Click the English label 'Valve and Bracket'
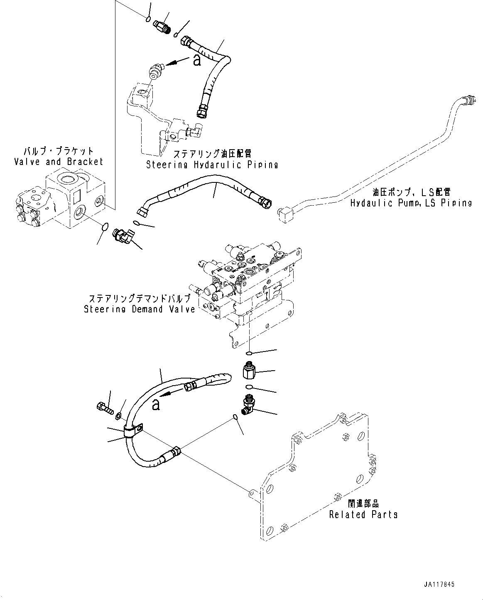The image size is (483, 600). pos(58,162)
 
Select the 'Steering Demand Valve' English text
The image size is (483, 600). pos(139,309)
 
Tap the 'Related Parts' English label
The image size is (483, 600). pos(363,514)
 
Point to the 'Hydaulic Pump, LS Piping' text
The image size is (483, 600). pos(411,203)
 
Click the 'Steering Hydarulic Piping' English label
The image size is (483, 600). pos(212,165)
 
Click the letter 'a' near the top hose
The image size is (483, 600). pos(197,61)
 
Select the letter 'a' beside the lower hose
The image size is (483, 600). pos(156,404)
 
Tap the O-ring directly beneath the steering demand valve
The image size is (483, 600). pos(248,353)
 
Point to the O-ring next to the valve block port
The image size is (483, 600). pos(105,227)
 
